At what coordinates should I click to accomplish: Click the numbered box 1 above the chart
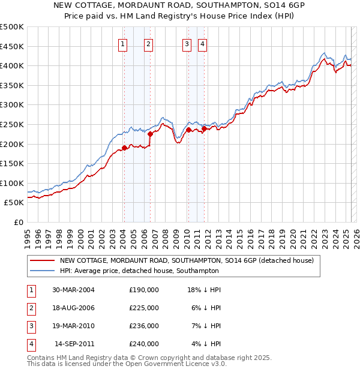(x=123, y=43)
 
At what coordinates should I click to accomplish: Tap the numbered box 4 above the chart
(x=203, y=43)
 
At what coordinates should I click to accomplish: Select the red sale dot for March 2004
(x=124, y=148)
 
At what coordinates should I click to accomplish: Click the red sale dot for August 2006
(x=150, y=134)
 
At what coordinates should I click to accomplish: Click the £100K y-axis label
(x=12, y=183)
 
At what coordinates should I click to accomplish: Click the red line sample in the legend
(x=43, y=260)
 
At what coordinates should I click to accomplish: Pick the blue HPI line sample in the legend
(x=43, y=271)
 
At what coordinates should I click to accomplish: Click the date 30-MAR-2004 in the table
(x=73, y=290)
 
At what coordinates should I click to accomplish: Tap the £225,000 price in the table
(x=143, y=308)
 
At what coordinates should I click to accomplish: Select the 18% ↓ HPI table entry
(x=205, y=290)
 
